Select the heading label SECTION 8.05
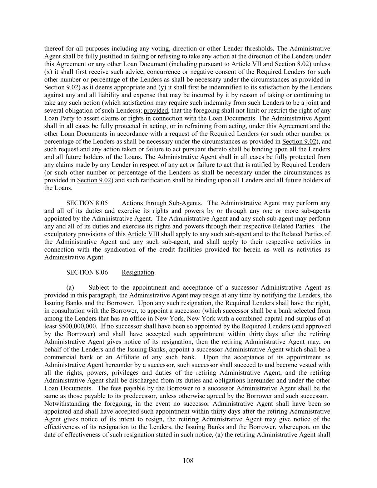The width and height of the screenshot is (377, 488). (87, 203)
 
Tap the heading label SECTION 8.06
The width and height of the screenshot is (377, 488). (87, 272)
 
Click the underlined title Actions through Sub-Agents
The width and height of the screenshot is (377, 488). (161, 203)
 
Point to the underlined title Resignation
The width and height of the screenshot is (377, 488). (138, 272)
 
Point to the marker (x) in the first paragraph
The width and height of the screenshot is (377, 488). (48, 72)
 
